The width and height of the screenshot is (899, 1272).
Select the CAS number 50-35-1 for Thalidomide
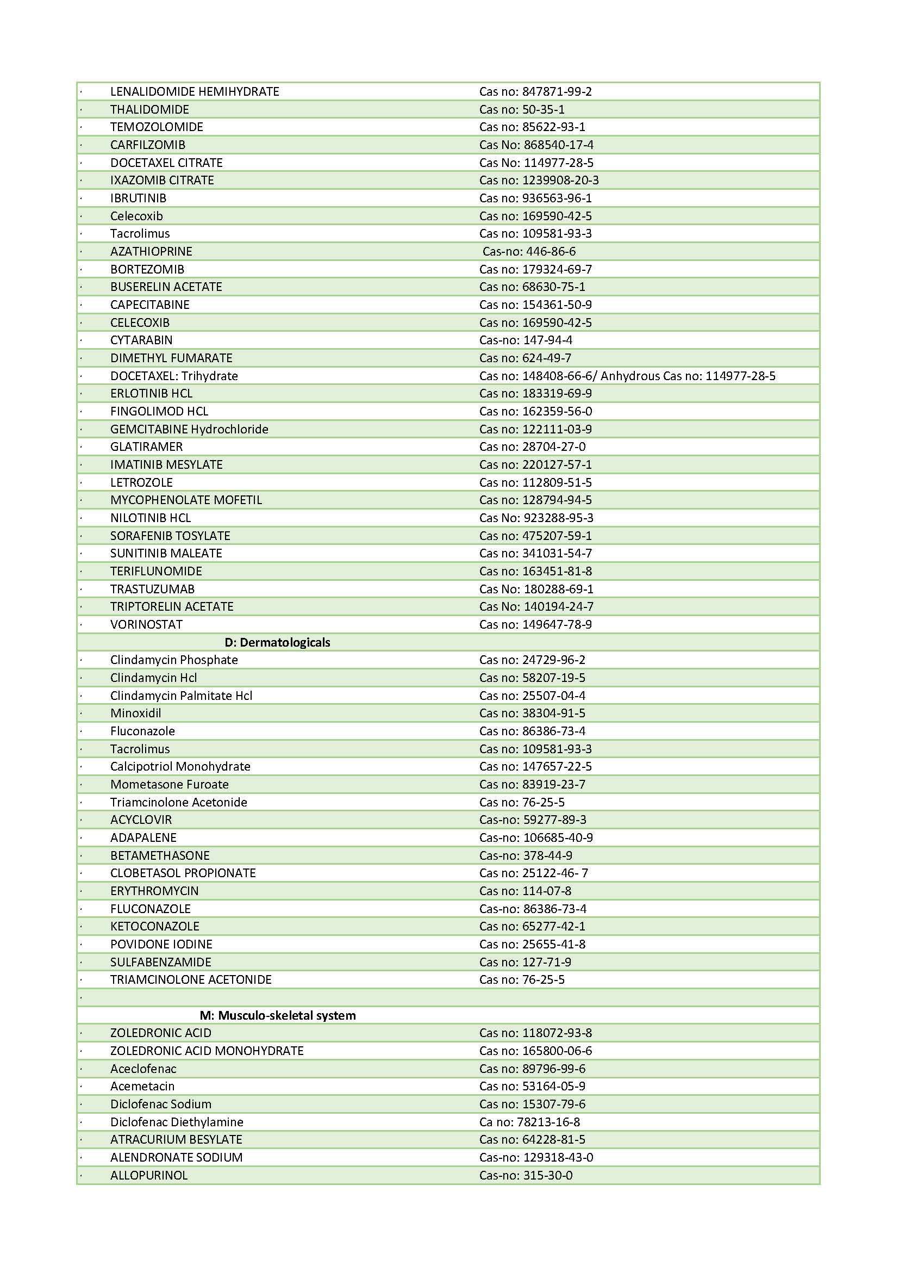point(543,109)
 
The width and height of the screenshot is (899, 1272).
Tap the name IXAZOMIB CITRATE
point(161,180)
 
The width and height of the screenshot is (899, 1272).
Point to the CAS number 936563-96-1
point(557,198)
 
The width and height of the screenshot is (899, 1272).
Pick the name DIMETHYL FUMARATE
point(171,358)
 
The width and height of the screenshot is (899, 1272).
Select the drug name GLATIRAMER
point(146,446)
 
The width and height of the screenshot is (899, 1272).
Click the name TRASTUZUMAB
point(152,589)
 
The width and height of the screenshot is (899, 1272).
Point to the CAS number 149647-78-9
point(557,624)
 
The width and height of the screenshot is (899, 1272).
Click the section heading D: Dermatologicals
point(277,642)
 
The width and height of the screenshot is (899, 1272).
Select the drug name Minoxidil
point(136,713)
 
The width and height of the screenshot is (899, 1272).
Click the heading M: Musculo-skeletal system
point(277,1015)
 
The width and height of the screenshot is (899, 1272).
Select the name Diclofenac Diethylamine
point(177,1121)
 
